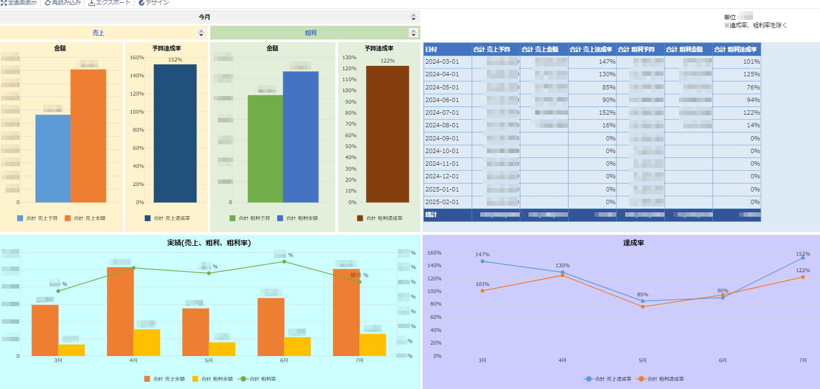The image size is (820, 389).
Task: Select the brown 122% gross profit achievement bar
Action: [387, 134]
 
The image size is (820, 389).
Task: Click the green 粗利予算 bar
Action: [265, 149]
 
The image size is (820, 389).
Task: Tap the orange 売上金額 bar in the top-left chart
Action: [88, 136]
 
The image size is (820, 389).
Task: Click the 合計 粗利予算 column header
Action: [640, 49]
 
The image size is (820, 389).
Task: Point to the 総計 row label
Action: [431, 215]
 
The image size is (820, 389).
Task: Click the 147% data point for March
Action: [482, 261]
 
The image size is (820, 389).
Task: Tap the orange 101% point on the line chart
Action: [482, 291]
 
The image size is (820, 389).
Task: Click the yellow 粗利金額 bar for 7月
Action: [373, 345]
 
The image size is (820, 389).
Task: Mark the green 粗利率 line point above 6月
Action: [284, 262]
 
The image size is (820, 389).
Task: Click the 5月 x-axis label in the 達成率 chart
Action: [643, 360]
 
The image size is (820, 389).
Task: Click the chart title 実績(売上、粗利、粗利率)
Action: [209, 243]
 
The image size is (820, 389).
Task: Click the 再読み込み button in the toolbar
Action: [63, 3]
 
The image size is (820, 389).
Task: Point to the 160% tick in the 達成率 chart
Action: [434, 253]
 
